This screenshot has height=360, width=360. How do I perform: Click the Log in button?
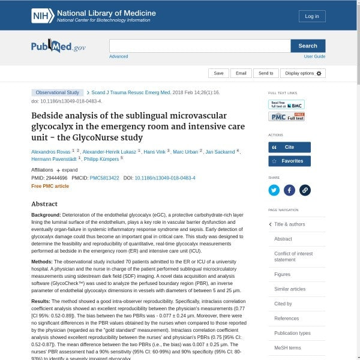click(x=312, y=16)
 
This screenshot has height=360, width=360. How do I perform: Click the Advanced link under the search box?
click(x=118, y=56)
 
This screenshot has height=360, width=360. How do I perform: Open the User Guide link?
click(x=314, y=56)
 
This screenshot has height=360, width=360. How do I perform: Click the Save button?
click(x=218, y=73)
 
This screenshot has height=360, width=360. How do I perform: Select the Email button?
click(x=241, y=73)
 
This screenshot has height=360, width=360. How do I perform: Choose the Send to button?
click(x=266, y=73)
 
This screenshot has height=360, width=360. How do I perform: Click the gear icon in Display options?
click(x=319, y=74)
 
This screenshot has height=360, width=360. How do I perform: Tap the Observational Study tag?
click(x=58, y=93)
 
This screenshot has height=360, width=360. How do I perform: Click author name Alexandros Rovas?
click(x=50, y=152)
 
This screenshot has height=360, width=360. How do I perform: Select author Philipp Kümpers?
click(x=101, y=159)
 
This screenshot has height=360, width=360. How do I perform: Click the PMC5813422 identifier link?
click(x=104, y=178)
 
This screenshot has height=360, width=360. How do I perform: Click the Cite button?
click(x=289, y=147)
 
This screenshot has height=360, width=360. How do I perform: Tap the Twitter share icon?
click(x=274, y=190)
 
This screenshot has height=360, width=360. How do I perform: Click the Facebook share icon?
click(x=289, y=190)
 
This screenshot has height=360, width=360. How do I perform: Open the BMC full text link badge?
click(x=286, y=104)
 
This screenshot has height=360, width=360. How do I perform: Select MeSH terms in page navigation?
click(x=287, y=348)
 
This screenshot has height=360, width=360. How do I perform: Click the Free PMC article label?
click(x=50, y=186)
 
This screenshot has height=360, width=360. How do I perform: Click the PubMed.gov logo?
click(x=58, y=47)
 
